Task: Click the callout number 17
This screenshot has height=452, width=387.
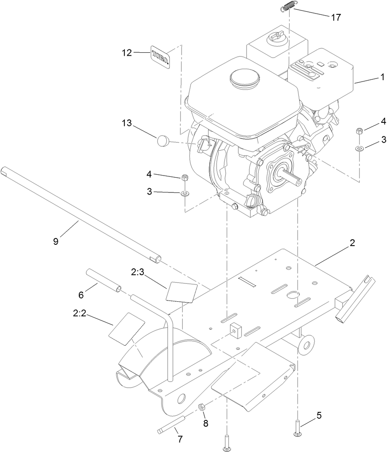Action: pos(336,18)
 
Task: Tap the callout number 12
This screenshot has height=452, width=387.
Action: pos(127,53)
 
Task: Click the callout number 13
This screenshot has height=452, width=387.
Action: pos(127,123)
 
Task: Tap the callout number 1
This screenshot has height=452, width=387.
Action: pos(382,77)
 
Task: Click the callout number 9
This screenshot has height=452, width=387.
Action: pos(56,241)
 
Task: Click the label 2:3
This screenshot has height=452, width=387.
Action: pos(138,273)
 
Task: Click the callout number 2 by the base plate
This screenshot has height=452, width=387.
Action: pos(352,243)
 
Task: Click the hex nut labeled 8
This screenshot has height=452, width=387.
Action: pos(201,406)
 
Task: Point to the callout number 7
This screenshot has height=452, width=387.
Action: pos(180,439)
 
